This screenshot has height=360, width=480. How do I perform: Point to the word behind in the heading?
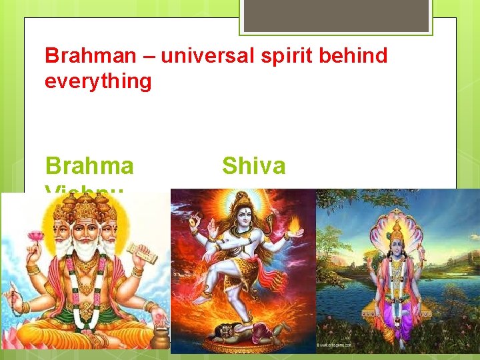click(x=354, y=56)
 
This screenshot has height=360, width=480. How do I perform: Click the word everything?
click(x=98, y=82)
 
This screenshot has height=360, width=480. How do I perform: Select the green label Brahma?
click(x=89, y=166)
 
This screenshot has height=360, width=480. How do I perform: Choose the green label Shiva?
click(x=253, y=166)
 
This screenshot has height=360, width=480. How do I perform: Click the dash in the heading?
click(x=151, y=57)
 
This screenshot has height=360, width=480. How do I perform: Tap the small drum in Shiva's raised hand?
click(x=193, y=221)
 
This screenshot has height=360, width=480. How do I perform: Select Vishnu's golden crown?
click(x=397, y=230)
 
